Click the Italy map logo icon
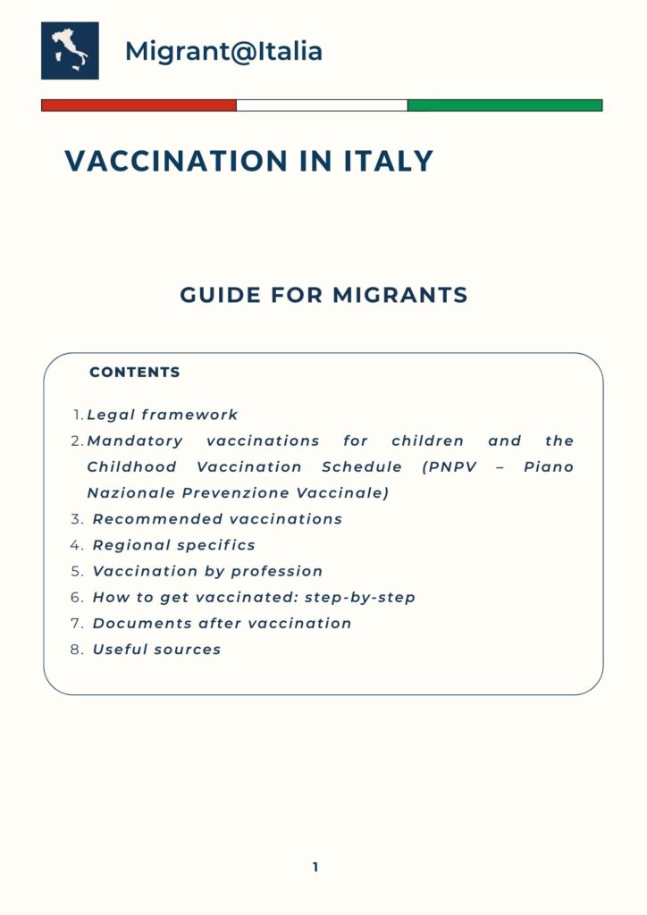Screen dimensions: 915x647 click(70, 51)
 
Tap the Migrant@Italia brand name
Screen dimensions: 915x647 click(223, 52)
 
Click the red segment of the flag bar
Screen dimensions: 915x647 click(139, 105)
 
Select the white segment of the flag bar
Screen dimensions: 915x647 click(322, 105)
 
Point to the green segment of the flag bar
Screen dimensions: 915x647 click(505, 105)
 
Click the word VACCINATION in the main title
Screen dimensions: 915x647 click(178, 162)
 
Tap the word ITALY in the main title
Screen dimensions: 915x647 click(389, 162)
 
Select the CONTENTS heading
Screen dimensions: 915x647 click(135, 373)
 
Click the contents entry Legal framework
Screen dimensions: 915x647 click(163, 415)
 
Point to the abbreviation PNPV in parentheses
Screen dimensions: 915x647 click(454, 466)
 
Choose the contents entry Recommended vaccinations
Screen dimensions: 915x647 click(217, 519)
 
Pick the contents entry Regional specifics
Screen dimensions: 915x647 click(174, 545)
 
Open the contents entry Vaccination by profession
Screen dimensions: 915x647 click(207, 571)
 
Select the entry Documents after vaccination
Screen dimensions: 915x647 click(222, 623)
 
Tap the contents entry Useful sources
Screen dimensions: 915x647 click(156, 650)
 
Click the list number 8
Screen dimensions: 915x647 click(77, 650)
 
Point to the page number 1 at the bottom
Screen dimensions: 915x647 click(315, 867)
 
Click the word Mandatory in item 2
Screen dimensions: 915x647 click(135, 441)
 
